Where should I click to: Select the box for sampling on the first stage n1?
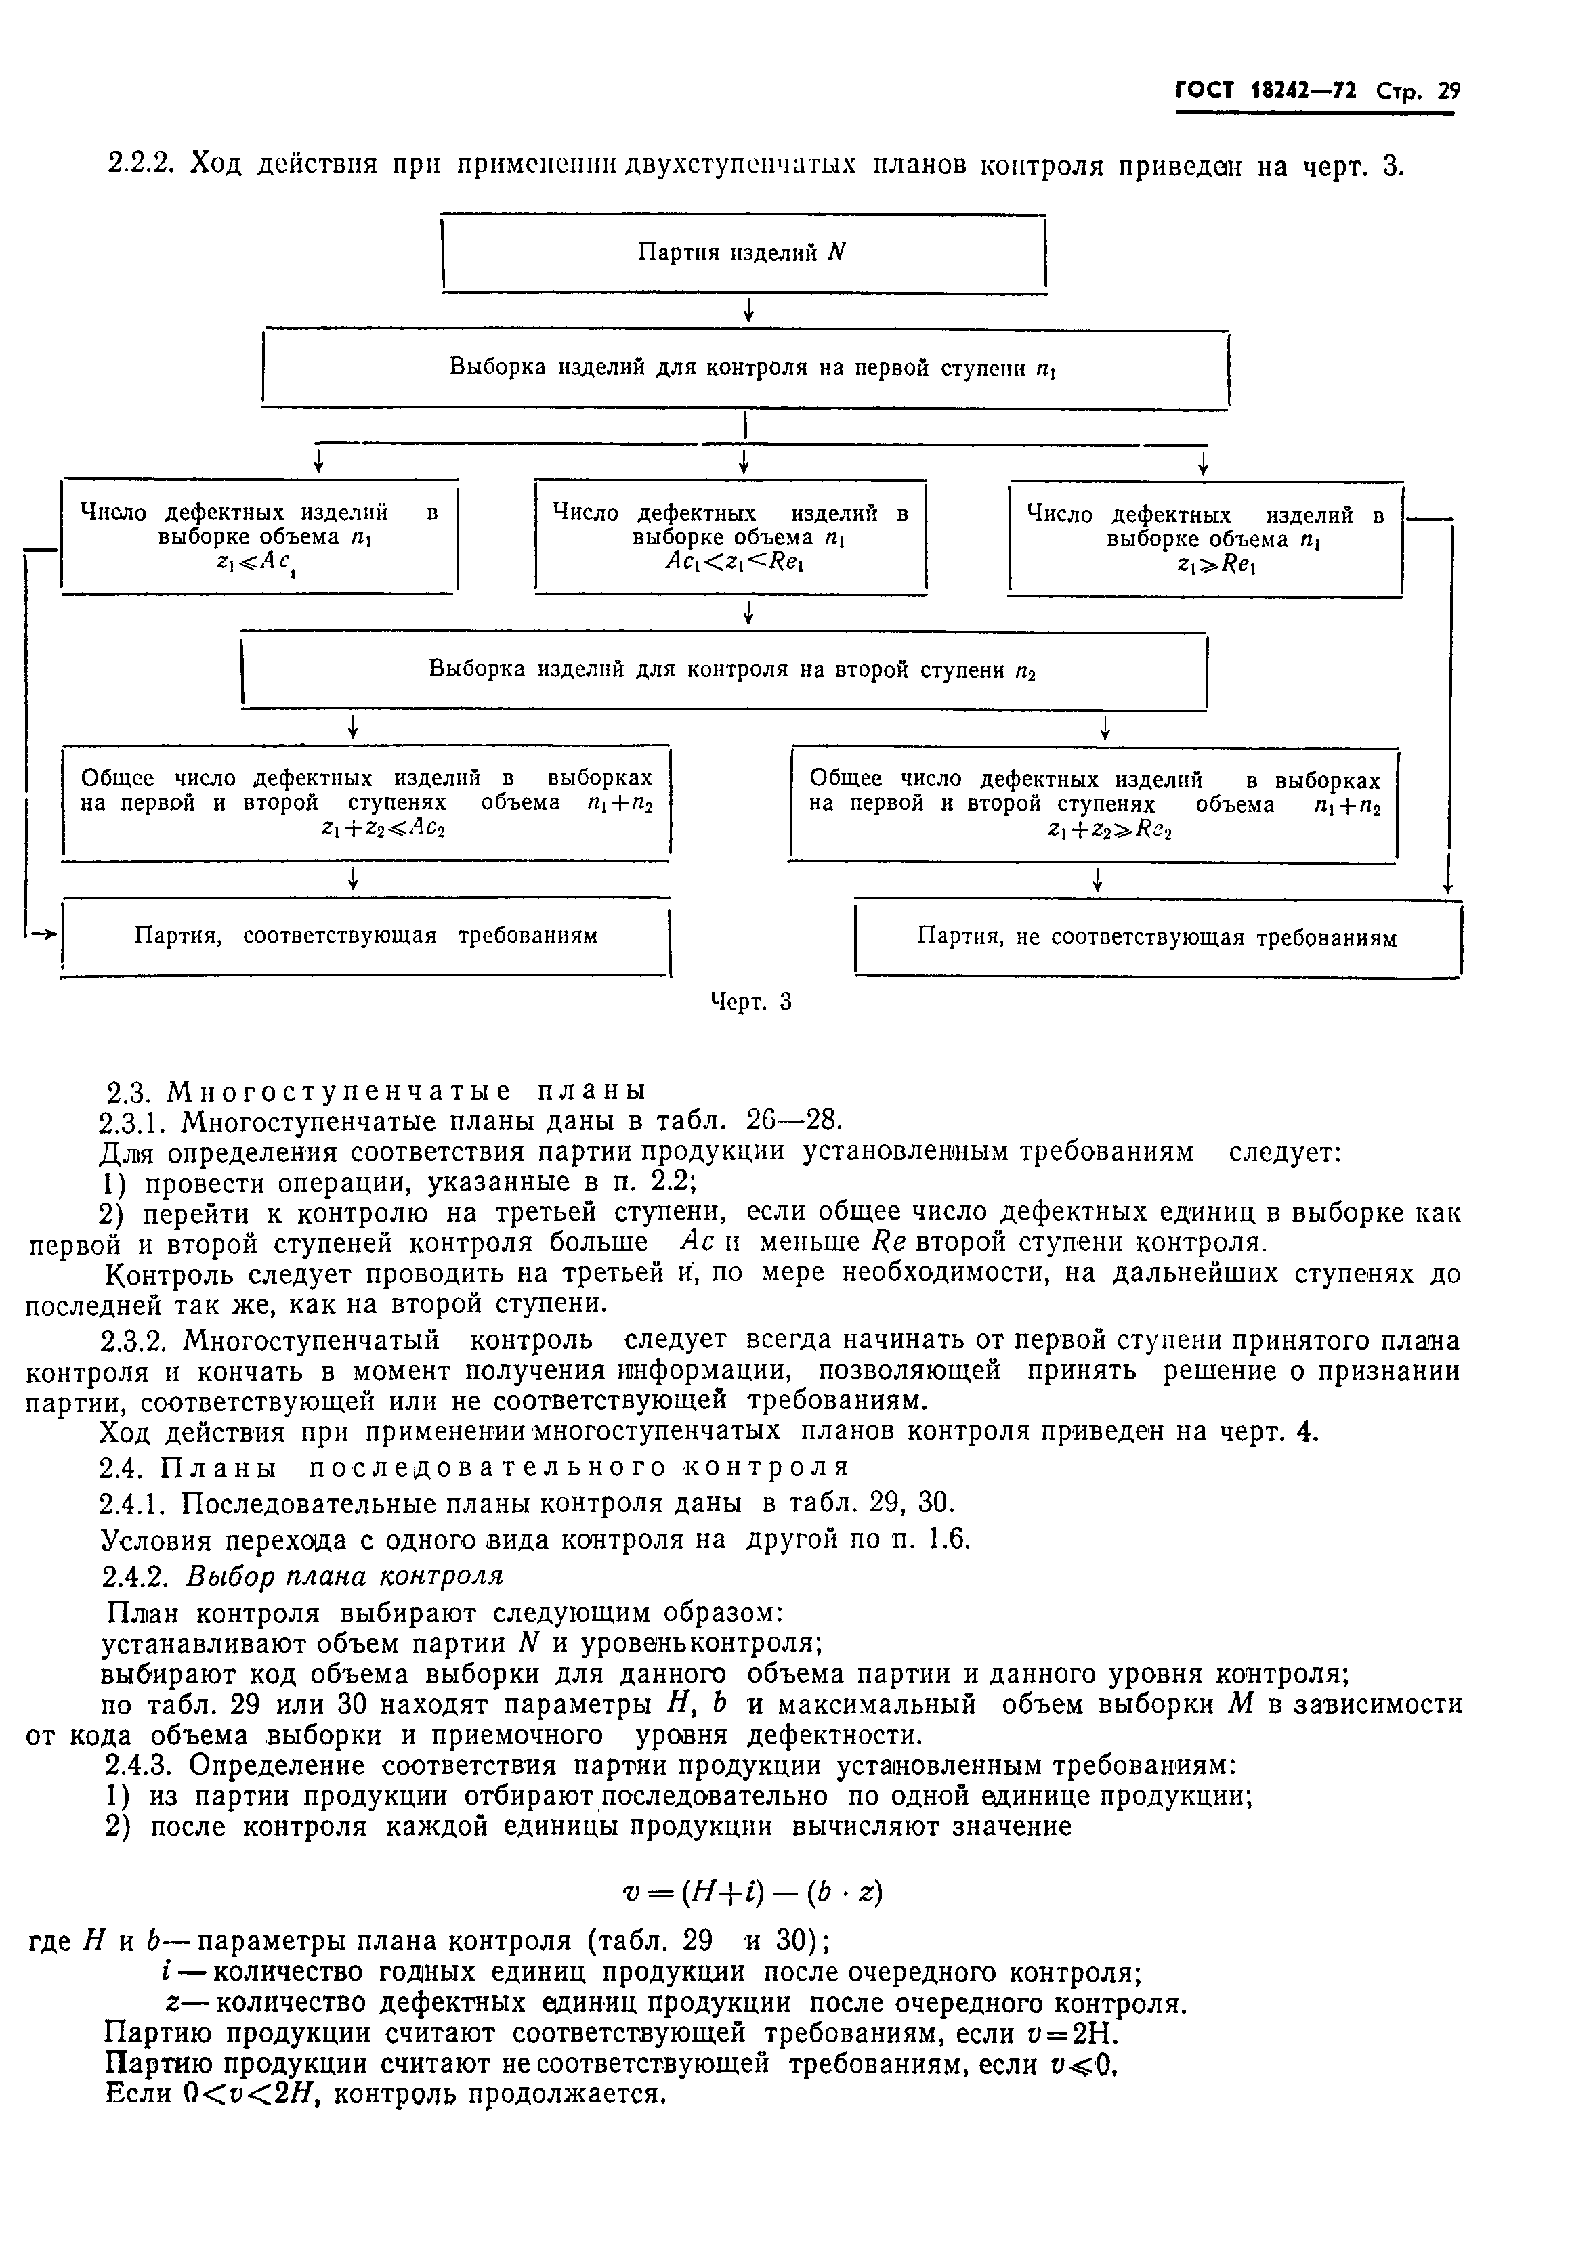pyautogui.click(x=745, y=368)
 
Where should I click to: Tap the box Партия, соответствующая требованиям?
pyautogui.click(x=366, y=936)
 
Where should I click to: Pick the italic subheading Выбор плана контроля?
pyautogui.click(x=344, y=1576)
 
